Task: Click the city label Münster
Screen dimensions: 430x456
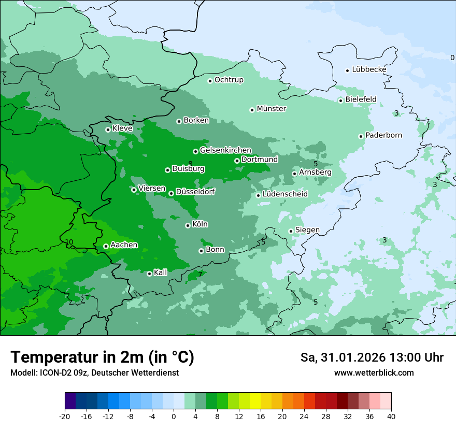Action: (x=272, y=109)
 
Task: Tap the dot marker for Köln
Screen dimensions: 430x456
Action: (x=188, y=225)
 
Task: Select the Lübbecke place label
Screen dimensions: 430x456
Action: (x=369, y=69)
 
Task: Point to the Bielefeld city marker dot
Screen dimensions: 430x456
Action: (x=340, y=101)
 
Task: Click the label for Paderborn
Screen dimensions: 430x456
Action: (x=383, y=135)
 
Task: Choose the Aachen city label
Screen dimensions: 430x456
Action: (x=124, y=245)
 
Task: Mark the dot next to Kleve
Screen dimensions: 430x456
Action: (x=108, y=130)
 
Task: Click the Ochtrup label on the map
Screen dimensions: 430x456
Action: (x=229, y=80)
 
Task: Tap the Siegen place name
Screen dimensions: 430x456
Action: (x=307, y=230)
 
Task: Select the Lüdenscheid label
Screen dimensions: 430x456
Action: (x=285, y=194)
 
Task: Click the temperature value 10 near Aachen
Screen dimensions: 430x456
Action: (x=69, y=242)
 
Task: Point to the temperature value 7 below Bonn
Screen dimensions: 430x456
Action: (x=200, y=275)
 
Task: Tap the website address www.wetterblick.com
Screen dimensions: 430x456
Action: (x=374, y=373)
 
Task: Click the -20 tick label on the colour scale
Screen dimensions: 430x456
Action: (x=65, y=417)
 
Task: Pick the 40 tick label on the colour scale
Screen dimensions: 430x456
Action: (x=391, y=417)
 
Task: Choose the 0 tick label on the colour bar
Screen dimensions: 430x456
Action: (x=174, y=417)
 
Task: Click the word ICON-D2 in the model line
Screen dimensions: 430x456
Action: (x=52, y=373)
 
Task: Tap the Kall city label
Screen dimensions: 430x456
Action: (x=160, y=273)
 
